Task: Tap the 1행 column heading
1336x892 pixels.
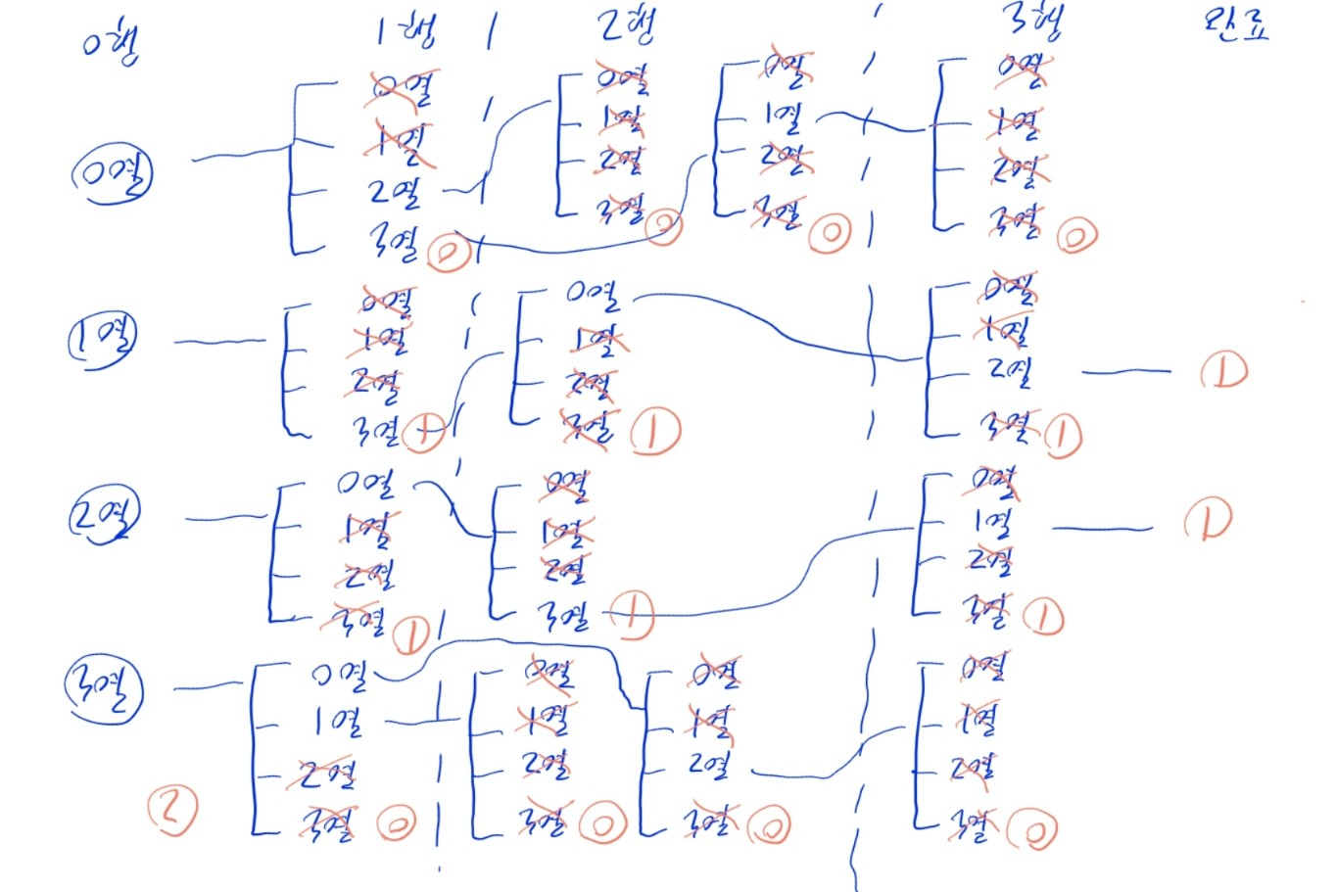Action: (406, 32)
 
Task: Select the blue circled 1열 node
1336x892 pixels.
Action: (102, 338)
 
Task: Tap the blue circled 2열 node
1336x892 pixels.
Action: (104, 515)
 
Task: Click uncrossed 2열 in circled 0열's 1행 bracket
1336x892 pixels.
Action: (396, 192)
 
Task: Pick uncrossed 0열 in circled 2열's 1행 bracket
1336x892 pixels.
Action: (365, 483)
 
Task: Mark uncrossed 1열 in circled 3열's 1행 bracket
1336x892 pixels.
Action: (339, 723)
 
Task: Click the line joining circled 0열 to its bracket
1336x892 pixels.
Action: (240, 154)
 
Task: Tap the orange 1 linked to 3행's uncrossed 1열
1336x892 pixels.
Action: (1207, 520)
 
